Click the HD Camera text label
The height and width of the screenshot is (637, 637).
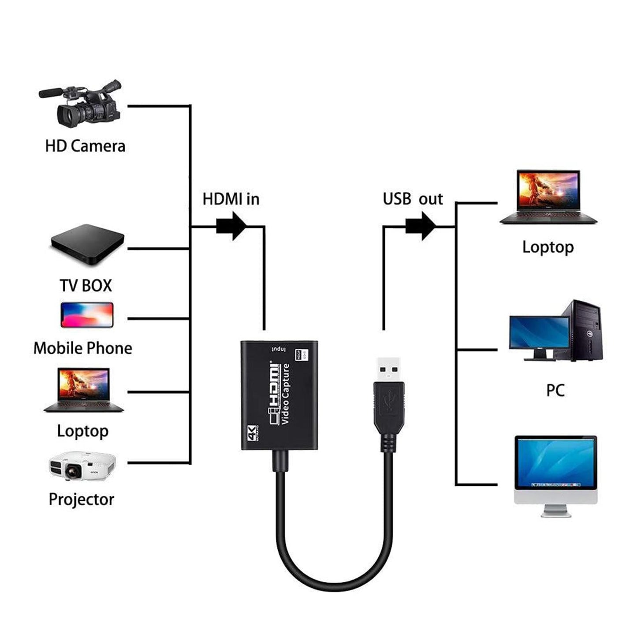tap(85, 146)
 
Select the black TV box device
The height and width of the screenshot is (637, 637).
tap(88, 244)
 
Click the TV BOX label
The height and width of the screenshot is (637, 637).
tap(86, 285)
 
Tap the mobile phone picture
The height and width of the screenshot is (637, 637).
tap(87, 315)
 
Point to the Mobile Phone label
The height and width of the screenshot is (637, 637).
tap(83, 348)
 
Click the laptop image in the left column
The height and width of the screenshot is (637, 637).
tap(83, 390)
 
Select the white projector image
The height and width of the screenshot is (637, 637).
tap(82, 466)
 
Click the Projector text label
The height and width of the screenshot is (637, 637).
tap(82, 499)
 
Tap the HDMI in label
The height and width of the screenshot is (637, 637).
tap(231, 199)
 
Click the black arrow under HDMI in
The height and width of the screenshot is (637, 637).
tap(232, 226)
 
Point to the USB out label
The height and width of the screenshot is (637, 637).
tap(412, 199)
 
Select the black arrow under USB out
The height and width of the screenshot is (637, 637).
tap(421, 226)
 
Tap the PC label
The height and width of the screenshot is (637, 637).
tap(555, 390)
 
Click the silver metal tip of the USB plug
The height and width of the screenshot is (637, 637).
tap(389, 369)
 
